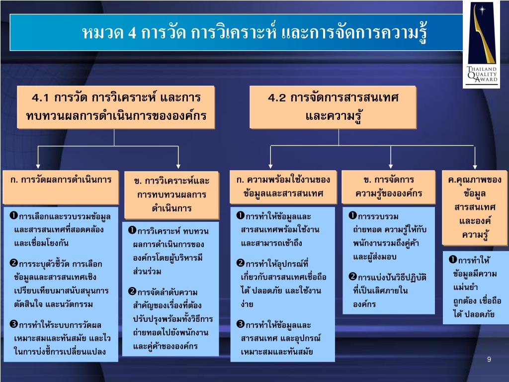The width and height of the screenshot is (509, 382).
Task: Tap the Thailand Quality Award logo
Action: (481, 45)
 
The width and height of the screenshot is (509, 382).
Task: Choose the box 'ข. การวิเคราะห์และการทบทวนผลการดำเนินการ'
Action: (171, 194)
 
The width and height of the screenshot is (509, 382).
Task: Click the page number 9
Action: (489, 359)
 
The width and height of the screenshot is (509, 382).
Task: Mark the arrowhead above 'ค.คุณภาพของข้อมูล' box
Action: (475, 166)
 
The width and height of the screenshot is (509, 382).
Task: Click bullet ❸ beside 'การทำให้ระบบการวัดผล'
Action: (14, 325)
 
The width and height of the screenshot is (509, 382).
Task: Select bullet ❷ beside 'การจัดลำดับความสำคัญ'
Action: (132, 291)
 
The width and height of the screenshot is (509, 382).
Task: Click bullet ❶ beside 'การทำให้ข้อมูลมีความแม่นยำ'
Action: (453, 259)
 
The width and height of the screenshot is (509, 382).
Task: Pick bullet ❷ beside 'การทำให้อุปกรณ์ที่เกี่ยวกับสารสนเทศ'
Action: (240, 262)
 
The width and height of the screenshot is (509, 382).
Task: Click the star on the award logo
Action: (481, 10)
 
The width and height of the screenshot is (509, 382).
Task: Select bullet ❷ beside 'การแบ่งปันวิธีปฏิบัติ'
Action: (352, 276)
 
